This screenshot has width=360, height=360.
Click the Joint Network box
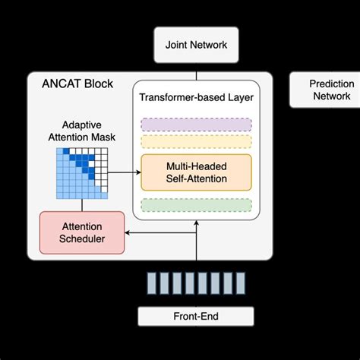click(196, 45)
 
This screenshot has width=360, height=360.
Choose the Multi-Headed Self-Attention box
click(196, 172)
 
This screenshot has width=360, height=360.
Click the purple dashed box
click(196, 125)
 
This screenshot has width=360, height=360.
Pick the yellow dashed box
click(196, 141)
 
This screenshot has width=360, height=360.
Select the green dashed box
click(196, 205)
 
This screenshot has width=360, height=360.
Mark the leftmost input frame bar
click(152, 283)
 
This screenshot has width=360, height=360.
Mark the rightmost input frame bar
click(240, 283)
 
